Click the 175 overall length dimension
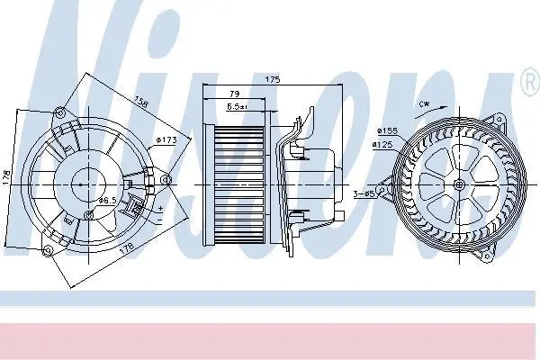273,79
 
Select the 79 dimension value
235,94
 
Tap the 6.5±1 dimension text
238,107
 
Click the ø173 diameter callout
166,139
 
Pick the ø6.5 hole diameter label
107,200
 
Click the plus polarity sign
160,209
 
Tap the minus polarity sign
159,220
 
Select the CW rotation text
424,104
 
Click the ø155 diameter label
387,130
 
